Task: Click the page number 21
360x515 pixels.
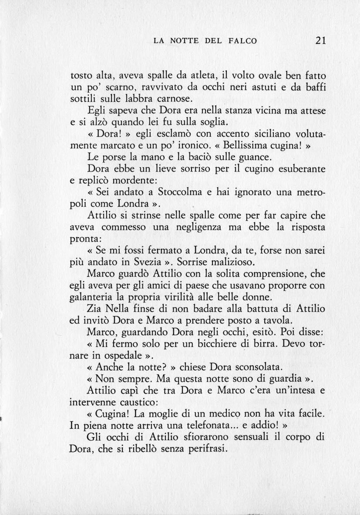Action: (x=321, y=41)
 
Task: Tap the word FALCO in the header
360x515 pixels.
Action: (x=242, y=41)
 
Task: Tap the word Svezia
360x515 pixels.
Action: (x=151, y=263)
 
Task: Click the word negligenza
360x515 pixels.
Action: (x=205, y=227)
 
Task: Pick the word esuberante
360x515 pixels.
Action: (x=298, y=169)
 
